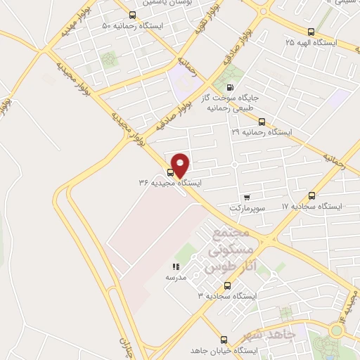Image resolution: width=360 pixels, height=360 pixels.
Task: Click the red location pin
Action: tap(181, 165)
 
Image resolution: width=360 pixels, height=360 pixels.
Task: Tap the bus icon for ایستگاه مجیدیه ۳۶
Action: tap(171, 171)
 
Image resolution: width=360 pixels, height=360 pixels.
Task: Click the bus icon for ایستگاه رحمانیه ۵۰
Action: tap(133, 15)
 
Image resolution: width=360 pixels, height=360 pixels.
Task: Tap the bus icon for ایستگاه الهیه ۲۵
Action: tap(311, 31)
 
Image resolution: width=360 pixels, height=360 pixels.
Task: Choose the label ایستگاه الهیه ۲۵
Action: tap(311, 43)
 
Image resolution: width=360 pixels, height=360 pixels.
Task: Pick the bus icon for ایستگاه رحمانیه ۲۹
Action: tap(262, 121)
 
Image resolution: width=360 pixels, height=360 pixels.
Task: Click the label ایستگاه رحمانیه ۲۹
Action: tap(262, 132)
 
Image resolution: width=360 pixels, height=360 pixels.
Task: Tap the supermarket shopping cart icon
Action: tap(246, 198)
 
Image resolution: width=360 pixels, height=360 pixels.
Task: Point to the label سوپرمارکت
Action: tap(246, 209)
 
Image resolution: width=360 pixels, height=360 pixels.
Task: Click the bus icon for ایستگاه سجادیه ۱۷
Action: tap(311, 195)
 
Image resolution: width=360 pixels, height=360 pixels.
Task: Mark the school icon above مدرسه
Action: tap(176, 266)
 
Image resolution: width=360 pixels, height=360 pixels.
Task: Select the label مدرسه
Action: tap(176, 278)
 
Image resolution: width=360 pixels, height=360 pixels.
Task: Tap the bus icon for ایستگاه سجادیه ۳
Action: tap(226, 285)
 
